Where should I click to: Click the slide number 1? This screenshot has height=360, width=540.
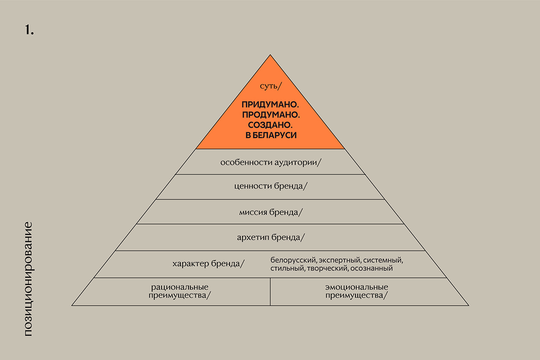(29, 30)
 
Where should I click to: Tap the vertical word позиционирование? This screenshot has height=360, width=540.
(28, 279)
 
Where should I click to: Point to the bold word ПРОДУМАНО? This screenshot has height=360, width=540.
(270, 115)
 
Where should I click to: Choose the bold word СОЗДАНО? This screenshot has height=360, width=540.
(270, 125)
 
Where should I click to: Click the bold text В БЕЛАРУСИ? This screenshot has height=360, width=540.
(270, 135)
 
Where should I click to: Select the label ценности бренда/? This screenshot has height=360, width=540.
(271, 187)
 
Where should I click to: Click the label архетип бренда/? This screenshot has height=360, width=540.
(271, 237)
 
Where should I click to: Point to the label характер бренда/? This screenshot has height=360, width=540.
(208, 264)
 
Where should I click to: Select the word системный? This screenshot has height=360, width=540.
(384, 260)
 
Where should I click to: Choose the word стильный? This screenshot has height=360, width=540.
(287, 269)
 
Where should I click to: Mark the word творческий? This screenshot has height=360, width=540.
(325, 269)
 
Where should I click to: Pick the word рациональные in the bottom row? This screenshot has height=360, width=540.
(180, 287)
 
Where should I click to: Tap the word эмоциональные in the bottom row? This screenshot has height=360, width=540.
(356, 287)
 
